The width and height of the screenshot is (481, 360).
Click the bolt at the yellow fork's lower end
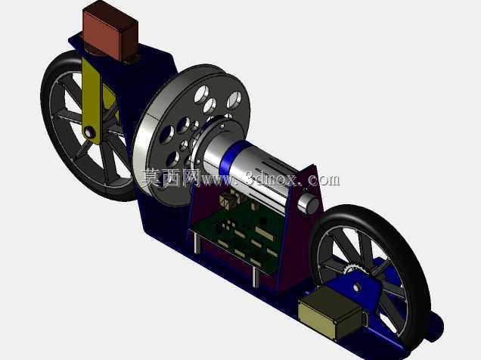click(x=89, y=133)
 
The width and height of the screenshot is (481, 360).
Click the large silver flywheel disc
click(x=192, y=135)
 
